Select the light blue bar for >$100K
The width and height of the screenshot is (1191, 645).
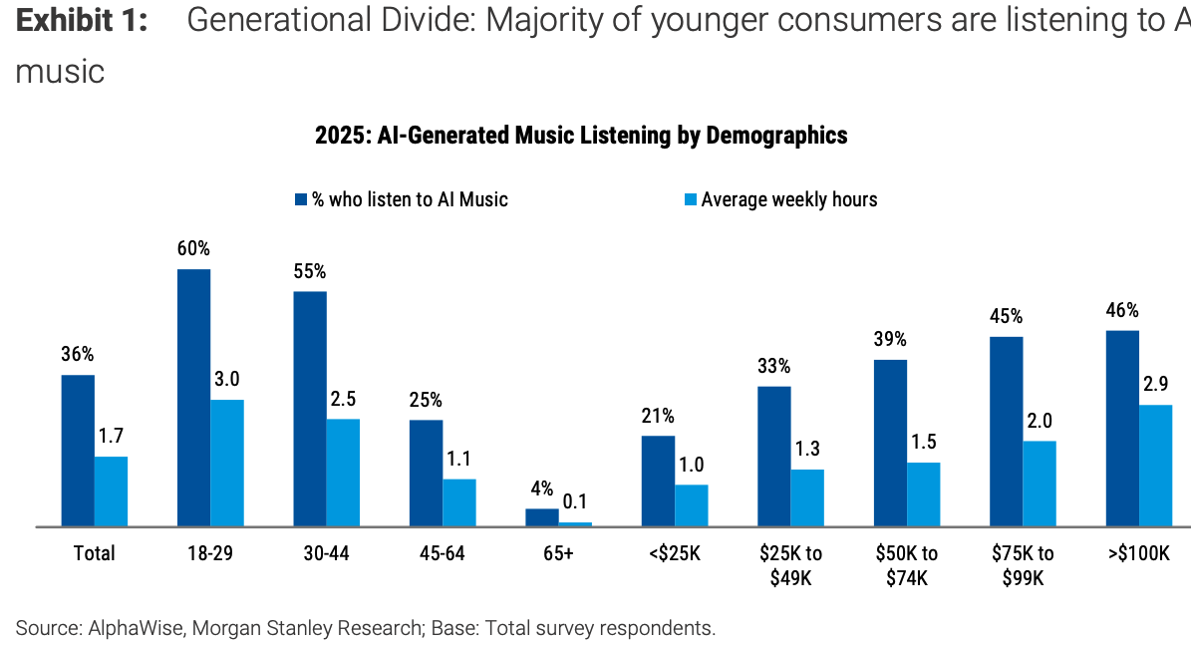(x=1155, y=465)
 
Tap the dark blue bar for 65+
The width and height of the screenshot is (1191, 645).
(x=542, y=516)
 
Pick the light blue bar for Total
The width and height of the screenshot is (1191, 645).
(x=111, y=490)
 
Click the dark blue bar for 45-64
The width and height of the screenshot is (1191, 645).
(x=426, y=473)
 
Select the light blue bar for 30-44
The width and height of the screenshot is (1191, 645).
(x=343, y=472)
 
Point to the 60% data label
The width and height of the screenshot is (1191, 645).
(x=193, y=248)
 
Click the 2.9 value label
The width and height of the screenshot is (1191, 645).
(x=1156, y=384)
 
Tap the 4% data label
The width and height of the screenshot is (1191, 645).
(x=541, y=489)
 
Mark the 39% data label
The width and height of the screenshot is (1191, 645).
(x=890, y=339)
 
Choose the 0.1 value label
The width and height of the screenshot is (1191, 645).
(x=575, y=500)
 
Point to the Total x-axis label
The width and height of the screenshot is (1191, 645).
(x=95, y=553)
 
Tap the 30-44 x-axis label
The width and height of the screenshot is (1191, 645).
(x=325, y=553)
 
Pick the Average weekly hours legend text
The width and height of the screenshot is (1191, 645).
(x=788, y=199)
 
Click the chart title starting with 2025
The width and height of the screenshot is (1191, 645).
(x=581, y=136)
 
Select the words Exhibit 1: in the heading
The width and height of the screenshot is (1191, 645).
(x=82, y=22)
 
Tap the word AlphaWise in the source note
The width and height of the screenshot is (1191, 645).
(x=134, y=628)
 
